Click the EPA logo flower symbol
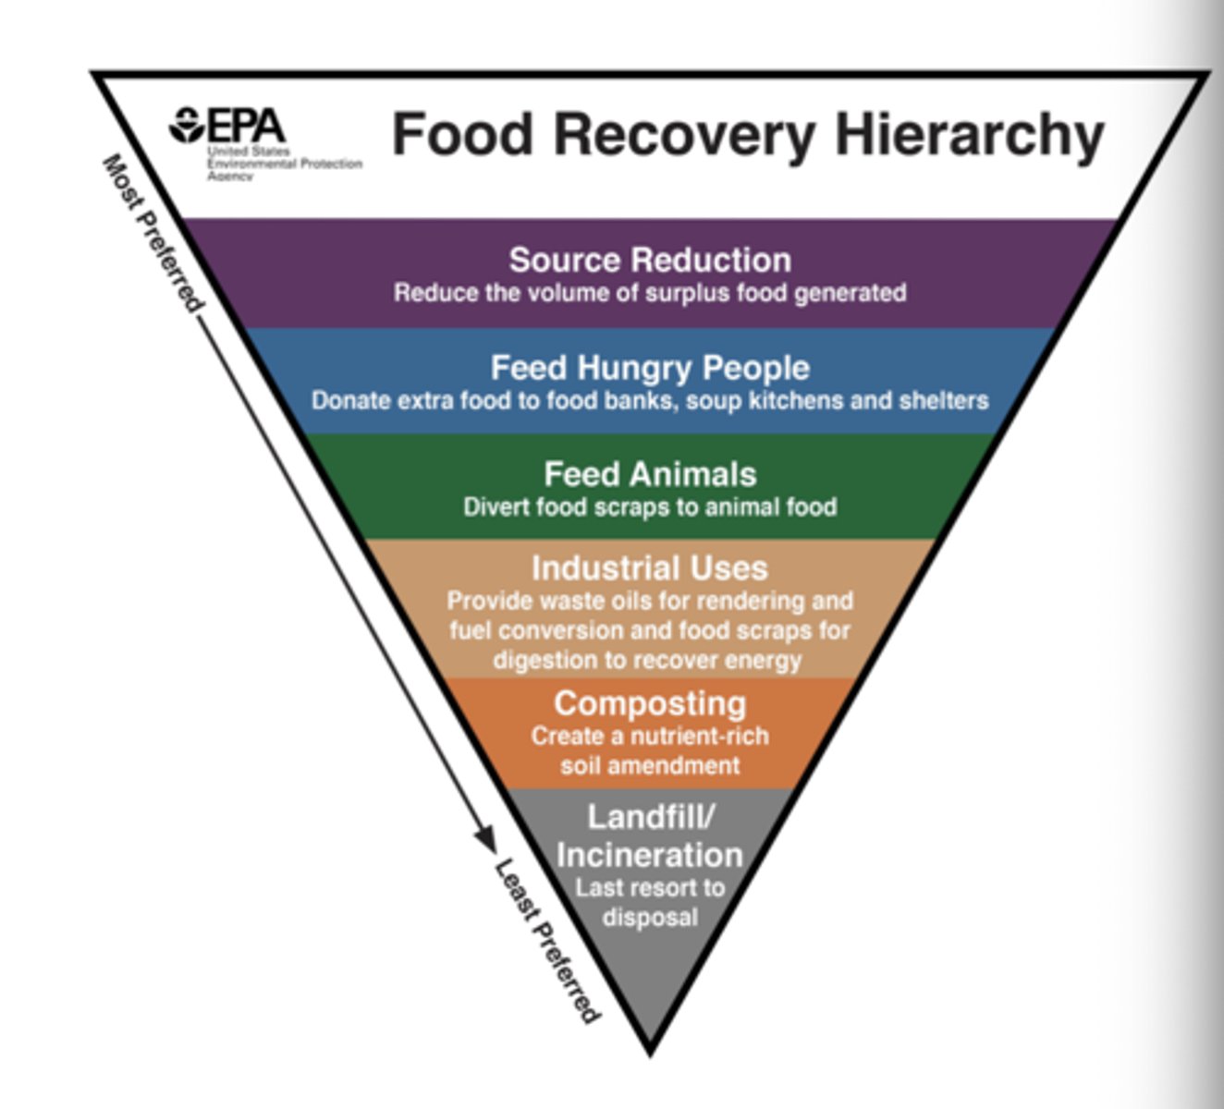point(188,125)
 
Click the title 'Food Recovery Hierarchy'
point(748,134)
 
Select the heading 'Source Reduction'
point(650,260)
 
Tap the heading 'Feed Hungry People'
point(650,367)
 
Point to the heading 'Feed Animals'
point(650,474)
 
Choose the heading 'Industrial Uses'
point(650,567)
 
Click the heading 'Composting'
point(650,703)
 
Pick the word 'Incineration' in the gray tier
point(650,854)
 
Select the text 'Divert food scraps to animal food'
point(650,506)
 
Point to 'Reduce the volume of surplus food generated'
point(650,293)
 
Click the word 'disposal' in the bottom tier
point(650,917)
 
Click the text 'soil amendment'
point(650,765)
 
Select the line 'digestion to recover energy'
point(647,660)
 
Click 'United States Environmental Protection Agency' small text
point(283,164)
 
